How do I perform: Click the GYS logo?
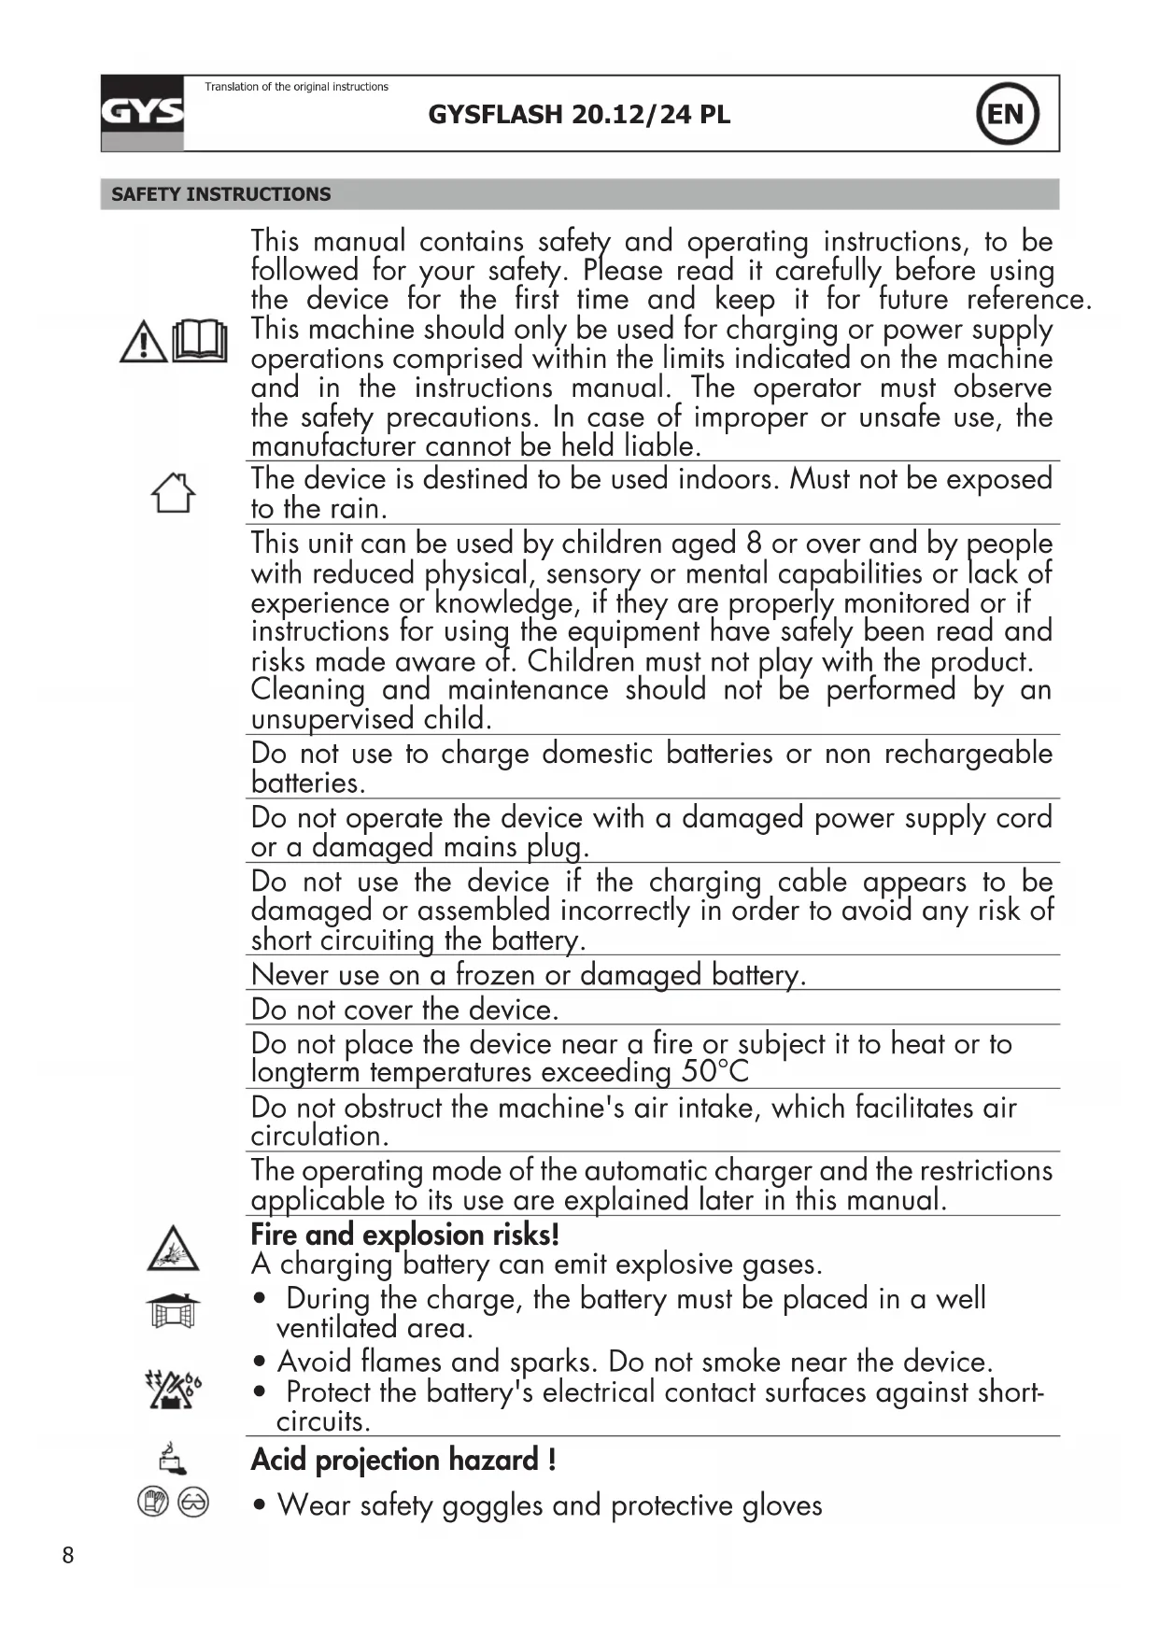[x=142, y=113]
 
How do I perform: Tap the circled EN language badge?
[x=1007, y=114]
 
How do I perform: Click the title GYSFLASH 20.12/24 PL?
[x=579, y=115]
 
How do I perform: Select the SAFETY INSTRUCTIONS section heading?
[x=220, y=194]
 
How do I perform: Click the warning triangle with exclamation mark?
[x=143, y=342]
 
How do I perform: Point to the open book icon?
[x=200, y=341]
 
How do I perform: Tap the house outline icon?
[x=173, y=492]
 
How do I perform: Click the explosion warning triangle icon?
[x=173, y=1249]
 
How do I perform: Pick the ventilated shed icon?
[x=173, y=1311]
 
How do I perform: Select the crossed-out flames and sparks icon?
[x=173, y=1389]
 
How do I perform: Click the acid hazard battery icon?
[x=172, y=1458]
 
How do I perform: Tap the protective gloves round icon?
[x=152, y=1502]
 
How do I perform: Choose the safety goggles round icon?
[x=193, y=1502]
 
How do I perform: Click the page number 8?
[x=67, y=1555]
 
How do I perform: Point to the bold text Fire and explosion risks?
[x=404, y=1235]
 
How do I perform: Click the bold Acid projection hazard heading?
[x=403, y=1460]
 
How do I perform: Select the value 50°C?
[x=714, y=1072]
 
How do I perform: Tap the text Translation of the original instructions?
[x=296, y=87]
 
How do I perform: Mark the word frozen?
[x=495, y=975]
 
